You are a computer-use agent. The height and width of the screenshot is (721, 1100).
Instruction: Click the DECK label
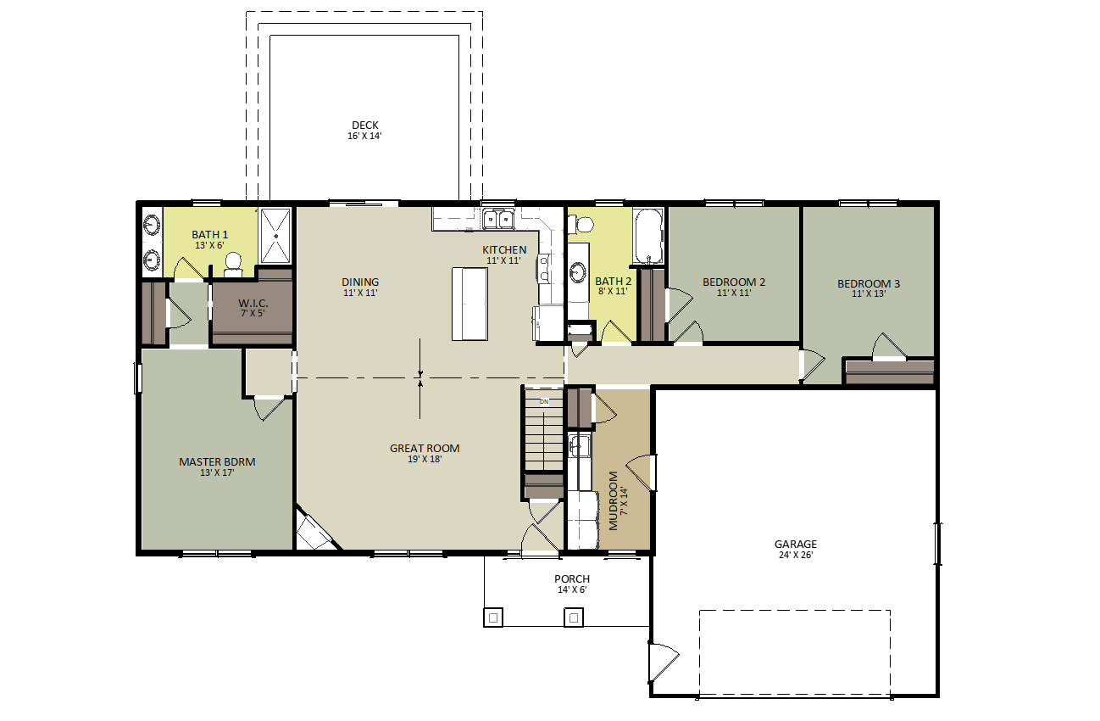click(365, 126)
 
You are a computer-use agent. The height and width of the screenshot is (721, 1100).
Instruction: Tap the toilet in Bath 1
click(233, 265)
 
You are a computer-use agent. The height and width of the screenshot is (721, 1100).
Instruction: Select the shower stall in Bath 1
click(276, 236)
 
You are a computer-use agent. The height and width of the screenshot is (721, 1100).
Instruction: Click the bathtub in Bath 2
click(648, 237)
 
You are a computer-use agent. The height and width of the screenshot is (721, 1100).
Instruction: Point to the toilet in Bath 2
click(581, 225)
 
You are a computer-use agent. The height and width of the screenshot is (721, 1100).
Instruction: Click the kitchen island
click(470, 304)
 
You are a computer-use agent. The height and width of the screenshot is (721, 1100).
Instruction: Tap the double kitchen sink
click(498, 219)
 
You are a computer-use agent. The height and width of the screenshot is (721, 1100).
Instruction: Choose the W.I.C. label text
click(253, 303)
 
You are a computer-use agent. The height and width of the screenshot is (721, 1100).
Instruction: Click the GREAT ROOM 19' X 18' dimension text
click(425, 460)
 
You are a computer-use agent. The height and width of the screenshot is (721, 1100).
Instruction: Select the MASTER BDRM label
click(217, 462)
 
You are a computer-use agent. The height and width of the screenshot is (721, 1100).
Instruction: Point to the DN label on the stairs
click(544, 401)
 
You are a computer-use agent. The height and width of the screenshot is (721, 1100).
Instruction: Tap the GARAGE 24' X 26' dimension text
click(796, 555)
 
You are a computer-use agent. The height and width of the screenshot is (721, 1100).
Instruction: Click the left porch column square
click(493, 618)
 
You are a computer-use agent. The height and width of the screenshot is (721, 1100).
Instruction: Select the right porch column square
click(574, 618)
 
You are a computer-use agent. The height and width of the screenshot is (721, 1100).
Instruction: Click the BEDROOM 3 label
click(869, 283)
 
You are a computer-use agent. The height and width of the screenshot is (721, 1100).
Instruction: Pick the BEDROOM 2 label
click(734, 282)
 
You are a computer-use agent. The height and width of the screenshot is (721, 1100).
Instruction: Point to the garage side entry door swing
click(664, 662)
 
